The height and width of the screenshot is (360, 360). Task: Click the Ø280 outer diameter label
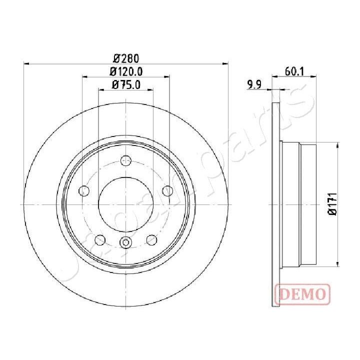(125, 57)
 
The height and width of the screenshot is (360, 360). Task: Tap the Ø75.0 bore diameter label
(125, 84)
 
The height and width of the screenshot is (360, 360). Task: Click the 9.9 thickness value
(255, 84)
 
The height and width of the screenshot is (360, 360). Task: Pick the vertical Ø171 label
(331, 204)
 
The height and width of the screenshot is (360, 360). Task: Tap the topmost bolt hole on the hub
(125, 160)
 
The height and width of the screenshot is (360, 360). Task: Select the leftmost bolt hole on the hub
(84, 191)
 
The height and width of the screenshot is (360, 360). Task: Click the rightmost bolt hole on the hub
(167, 191)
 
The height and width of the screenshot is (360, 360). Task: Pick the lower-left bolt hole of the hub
(100, 240)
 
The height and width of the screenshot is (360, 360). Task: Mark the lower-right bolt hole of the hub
(151, 240)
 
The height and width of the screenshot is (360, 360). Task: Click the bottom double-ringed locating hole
(125, 243)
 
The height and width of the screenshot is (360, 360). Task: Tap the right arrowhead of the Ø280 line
(225, 63)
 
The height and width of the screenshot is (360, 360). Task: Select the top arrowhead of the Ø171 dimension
(338, 144)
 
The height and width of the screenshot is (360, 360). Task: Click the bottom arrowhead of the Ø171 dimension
(338, 264)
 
